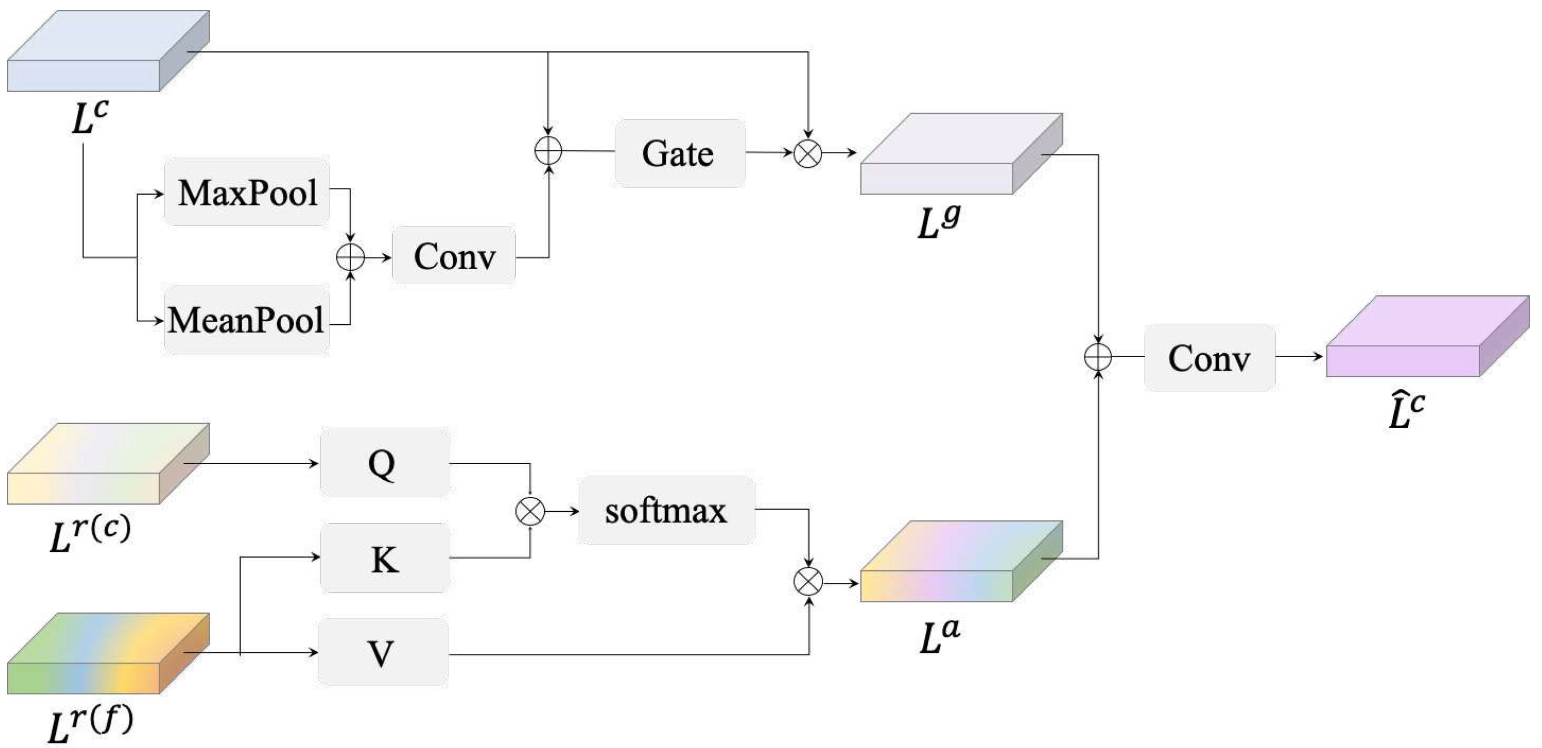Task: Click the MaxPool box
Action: (x=247, y=191)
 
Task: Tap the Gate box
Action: (x=679, y=153)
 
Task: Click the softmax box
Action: (x=666, y=511)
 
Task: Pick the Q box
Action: (x=385, y=463)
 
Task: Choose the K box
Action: (x=385, y=558)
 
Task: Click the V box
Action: (x=383, y=652)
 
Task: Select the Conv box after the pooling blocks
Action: (x=454, y=255)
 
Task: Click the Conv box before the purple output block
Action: (x=1209, y=358)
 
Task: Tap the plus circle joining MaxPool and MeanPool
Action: (x=350, y=258)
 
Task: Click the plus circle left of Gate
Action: (x=548, y=150)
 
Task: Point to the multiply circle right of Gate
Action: (x=807, y=153)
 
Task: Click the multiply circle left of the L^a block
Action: (x=807, y=582)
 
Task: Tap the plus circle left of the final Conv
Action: (x=1098, y=357)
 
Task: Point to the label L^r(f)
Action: (x=90, y=724)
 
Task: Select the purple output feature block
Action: (x=1425, y=338)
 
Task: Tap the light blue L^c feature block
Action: (x=108, y=51)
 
